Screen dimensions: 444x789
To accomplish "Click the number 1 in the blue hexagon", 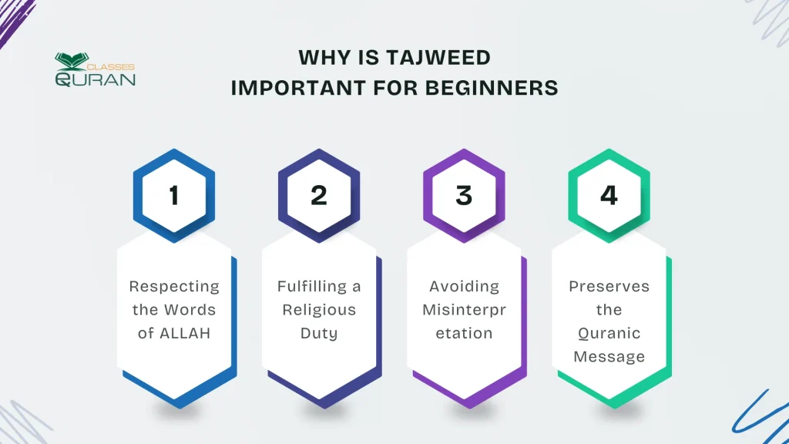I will click(173, 196).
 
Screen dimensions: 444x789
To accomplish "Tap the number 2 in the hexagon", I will click(318, 196).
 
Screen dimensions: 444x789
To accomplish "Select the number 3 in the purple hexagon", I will click(464, 196).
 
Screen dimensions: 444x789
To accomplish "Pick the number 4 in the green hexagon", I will click(609, 196).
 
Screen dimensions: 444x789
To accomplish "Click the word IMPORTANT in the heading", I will click(286, 88).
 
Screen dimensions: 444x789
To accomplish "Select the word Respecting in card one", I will click(174, 287).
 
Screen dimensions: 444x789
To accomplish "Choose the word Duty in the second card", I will click(319, 334).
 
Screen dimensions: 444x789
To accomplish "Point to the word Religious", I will click(319, 310).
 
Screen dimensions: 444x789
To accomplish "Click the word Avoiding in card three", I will click(464, 287).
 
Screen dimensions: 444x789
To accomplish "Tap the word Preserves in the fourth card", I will click(609, 287).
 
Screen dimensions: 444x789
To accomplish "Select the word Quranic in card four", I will click(609, 334).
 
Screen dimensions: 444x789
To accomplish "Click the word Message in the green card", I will click(609, 357).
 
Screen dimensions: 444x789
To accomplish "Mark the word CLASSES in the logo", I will click(116, 67).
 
